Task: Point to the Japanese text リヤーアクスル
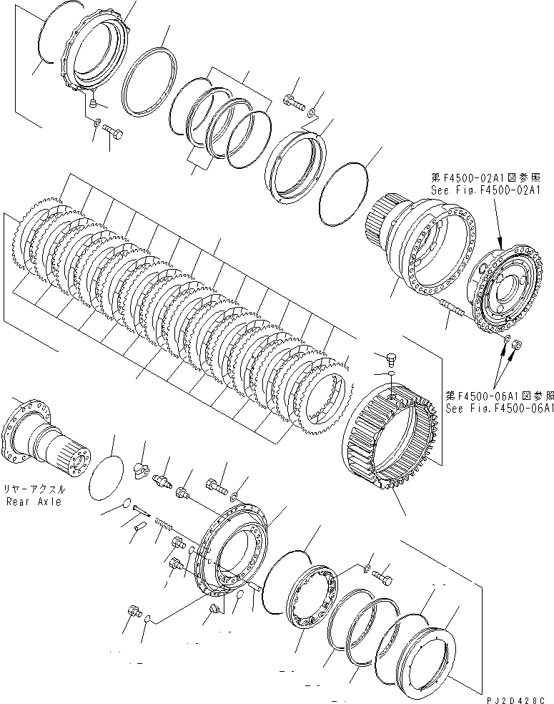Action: pyautogui.click(x=34, y=490)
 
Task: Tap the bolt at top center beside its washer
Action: pyautogui.click(x=293, y=102)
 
